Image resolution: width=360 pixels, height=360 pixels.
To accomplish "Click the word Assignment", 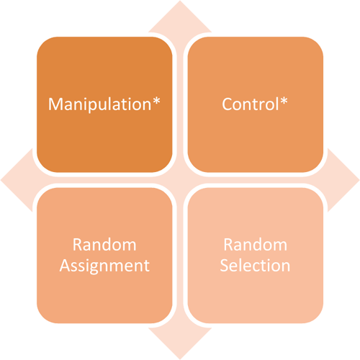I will (105, 265).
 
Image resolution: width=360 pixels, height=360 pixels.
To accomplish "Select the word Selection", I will (256, 265).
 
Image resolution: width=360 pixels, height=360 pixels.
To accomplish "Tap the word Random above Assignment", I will (105, 243).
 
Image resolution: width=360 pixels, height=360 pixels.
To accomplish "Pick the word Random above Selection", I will (256, 243).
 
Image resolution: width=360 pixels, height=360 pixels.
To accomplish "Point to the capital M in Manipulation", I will (55, 104).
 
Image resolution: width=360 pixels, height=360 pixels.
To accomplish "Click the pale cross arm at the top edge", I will (180, 14).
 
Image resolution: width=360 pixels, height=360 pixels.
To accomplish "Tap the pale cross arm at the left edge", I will (14, 180).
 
